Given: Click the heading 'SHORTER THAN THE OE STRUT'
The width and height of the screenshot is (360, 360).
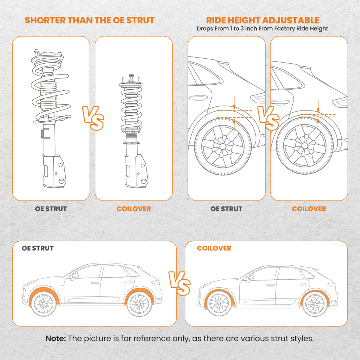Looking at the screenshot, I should tap(90, 20).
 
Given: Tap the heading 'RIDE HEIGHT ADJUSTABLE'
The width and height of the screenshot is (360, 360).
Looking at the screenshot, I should tap(262, 20).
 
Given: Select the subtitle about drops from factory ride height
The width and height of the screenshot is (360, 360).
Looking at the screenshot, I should tap(262, 28).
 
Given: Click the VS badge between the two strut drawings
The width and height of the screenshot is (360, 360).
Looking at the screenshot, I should tap(92, 118).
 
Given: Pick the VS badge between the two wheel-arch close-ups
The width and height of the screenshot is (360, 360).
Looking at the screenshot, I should tap(268, 118).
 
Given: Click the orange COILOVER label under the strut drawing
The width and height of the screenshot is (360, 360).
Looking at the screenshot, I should tap(134, 209).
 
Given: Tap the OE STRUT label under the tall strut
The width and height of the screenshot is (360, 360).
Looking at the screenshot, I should tap(51, 209).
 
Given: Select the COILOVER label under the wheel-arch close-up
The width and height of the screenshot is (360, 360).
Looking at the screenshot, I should tap(309, 209).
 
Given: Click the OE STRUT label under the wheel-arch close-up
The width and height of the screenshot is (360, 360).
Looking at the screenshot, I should tap(226, 209).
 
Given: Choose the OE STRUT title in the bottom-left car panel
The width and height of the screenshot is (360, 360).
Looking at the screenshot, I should tap(38, 248).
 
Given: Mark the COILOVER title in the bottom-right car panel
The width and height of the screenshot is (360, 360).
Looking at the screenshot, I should tap(214, 248).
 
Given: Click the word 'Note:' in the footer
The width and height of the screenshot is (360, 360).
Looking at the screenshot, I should tap(56, 339).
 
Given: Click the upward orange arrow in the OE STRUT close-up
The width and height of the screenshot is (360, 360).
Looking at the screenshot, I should tap(234, 125).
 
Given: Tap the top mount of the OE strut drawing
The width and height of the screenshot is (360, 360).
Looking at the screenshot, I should tap(46, 58).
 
